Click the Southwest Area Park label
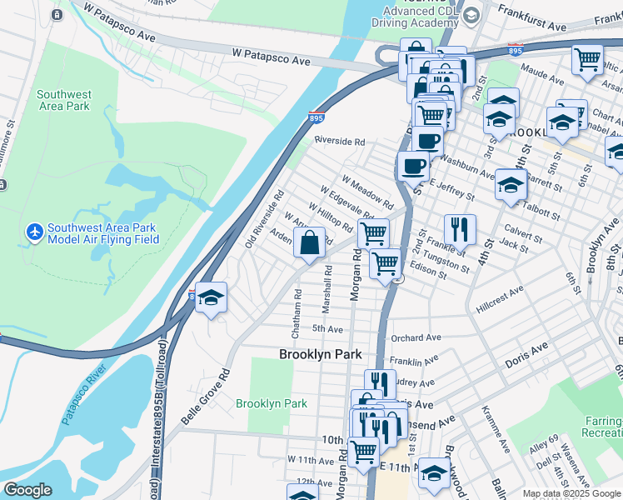click(64, 100)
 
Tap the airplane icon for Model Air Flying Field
click(34, 230)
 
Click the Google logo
click(28, 490)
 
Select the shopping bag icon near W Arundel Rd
click(309, 244)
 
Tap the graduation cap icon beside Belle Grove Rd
click(212, 297)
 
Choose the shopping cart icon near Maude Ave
click(587, 59)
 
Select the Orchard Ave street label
click(416, 337)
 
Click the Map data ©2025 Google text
click(571, 493)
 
